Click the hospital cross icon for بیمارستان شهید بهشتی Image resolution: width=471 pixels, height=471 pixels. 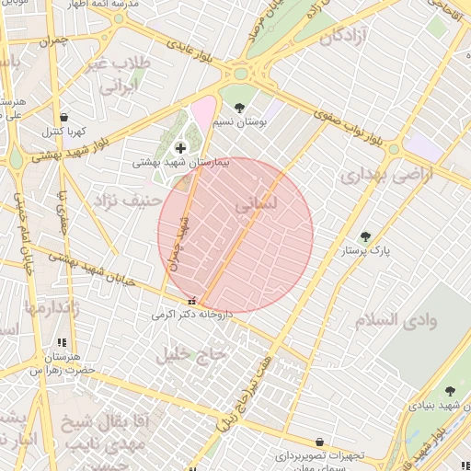click(x=179, y=147)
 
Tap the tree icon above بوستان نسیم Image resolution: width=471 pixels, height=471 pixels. click(x=240, y=108)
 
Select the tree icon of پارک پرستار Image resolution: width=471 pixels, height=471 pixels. click(x=365, y=236)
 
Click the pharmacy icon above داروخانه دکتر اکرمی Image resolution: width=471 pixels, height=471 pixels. click(x=191, y=301)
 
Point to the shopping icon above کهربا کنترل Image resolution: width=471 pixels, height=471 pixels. click(x=63, y=118)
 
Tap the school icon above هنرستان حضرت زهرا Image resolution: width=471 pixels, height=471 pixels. click(x=62, y=343)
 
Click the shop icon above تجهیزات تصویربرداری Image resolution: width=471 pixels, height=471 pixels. click(x=319, y=442)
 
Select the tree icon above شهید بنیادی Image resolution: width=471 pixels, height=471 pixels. click(x=450, y=391)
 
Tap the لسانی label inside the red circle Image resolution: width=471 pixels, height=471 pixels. click(x=255, y=207)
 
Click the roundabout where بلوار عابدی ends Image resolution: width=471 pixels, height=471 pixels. click(x=243, y=73)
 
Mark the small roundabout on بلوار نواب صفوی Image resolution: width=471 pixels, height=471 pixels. click(x=394, y=148)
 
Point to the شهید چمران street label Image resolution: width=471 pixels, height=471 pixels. click(x=180, y=242)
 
